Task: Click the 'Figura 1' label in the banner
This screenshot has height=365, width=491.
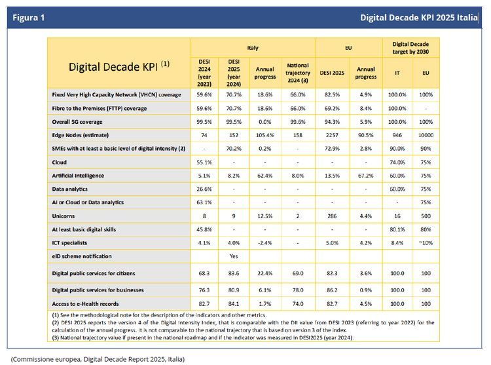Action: (x=29, y=17)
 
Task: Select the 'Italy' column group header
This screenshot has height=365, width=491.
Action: (x=253, y=47)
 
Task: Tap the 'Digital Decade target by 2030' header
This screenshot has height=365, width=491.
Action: (x=411, y=47)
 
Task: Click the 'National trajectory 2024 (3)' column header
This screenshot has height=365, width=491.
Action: (x=298, y=72)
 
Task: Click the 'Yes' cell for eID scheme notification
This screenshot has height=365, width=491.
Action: (x=234, y=256)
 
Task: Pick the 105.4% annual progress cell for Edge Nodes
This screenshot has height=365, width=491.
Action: (x=265, y=135)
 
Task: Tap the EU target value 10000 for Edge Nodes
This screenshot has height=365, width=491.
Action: (x=426, y=135)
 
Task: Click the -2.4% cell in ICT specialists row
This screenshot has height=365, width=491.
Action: (x=265, y=242)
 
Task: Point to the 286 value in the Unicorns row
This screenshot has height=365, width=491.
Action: (x=332, y=216)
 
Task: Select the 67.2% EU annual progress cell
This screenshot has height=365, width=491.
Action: (x=365, y=175)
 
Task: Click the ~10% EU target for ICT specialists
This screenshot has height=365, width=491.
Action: (x=426, y=242)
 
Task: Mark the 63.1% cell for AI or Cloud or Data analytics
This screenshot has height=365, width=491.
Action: (x=204, y=202)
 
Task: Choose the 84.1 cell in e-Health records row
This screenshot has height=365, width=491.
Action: (x=234, y=303)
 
